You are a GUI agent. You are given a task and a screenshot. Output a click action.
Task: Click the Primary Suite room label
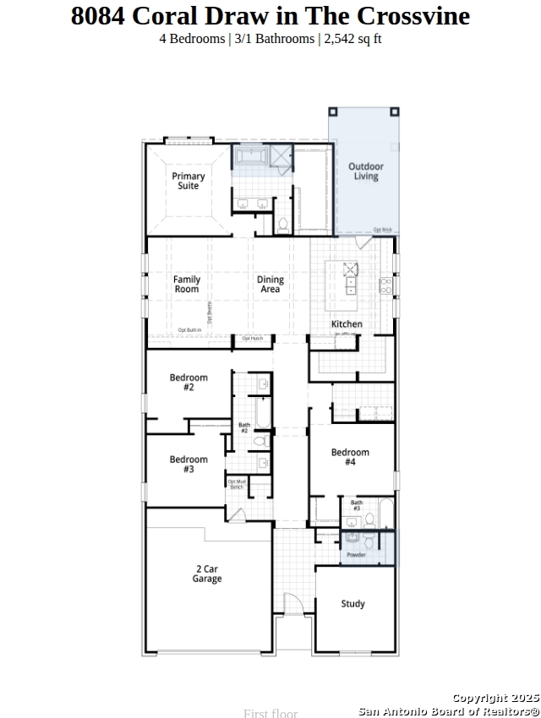pyautogui.click(x=189, y=181)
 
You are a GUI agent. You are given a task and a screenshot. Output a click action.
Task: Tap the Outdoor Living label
pyautogui.click(x=366, y=171)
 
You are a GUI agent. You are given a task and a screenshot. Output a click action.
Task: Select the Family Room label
pyautogui.click(x=187, y=284)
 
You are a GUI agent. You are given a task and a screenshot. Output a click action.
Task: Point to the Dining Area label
pyautogui.click(x=270, y=284)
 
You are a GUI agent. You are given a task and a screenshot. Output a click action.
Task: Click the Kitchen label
pyautogui.click(x=347, y=324)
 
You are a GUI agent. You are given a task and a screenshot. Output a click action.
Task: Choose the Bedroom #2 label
pyautogui.click(x=189, y=383)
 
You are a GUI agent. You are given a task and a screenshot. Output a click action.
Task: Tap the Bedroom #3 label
pyautogui.click(x=189, y=464)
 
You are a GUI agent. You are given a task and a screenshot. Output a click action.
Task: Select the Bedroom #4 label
pyautogui.click(x=350, y=457)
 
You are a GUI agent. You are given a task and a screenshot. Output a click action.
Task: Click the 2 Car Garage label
pyautogui.click(x=207, y=574)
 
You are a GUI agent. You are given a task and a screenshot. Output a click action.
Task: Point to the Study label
pyautogui.click(x=353, y=604)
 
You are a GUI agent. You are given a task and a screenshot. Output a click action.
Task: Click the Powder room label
pyautogui.click(x=356, y=555)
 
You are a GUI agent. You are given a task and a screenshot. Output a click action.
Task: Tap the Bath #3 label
pyautogui.click(x=357, y=506)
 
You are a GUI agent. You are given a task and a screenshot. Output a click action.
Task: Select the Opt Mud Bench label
pyautogui.click(x=237, y=484)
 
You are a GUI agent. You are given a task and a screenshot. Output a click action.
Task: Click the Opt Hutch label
pyautogui.click(x=253, y=339)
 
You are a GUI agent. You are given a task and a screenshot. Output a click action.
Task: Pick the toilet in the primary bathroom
pyautogui.click(x=283, y=225)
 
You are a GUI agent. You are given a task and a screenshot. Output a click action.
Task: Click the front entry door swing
pyautogui.click(x=292, y=605)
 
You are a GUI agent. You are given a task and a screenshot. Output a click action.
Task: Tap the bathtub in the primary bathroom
pyautogui.click(x=251, y=156)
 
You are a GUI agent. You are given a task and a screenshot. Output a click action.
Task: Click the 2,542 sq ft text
pyautogui.click(x=352, y=39)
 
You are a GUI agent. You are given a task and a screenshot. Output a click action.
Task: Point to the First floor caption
pyautogui.click(x=270, y=713)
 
